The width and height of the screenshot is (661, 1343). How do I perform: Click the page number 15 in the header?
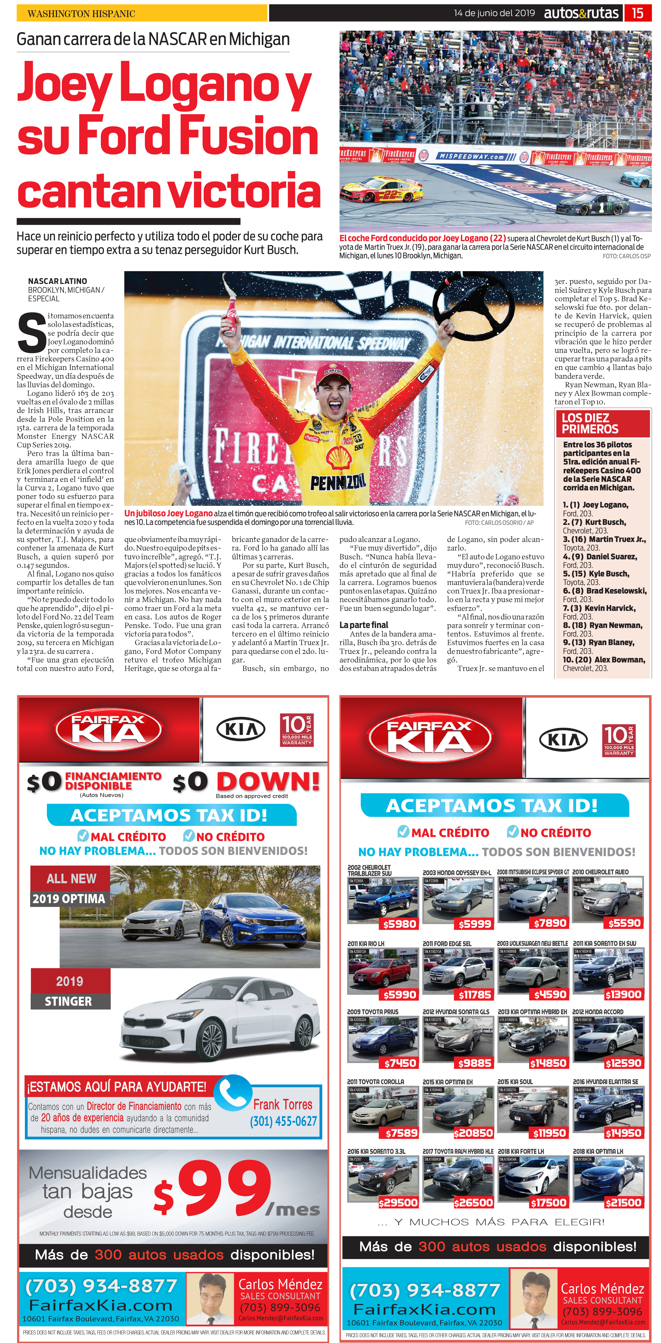(638, 13)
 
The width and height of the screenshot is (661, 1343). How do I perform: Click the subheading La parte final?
(364, 624)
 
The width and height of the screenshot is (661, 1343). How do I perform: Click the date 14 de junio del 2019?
(494, 13)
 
